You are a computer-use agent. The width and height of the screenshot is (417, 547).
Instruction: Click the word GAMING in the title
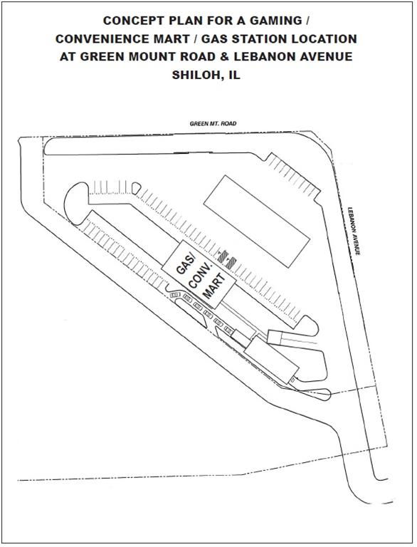[278, 21]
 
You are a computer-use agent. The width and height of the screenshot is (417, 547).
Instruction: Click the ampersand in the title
[225, 56]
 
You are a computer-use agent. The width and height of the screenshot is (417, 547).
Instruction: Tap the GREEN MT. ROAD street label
[213, 123]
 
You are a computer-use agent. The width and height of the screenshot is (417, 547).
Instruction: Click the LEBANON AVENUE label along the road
[354, 231]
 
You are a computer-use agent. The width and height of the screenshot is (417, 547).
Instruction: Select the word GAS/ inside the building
[186, 265]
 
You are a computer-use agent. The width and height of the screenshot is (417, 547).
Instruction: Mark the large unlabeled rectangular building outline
[257, 222]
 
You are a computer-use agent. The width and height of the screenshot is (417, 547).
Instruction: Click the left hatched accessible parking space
[223, 256]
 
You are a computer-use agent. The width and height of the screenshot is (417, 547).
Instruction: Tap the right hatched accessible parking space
[231, 263]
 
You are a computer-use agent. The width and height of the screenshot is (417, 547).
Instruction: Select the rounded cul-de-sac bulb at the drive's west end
[76, 204]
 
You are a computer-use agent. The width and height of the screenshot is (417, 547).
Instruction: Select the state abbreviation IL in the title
[235, 75]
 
